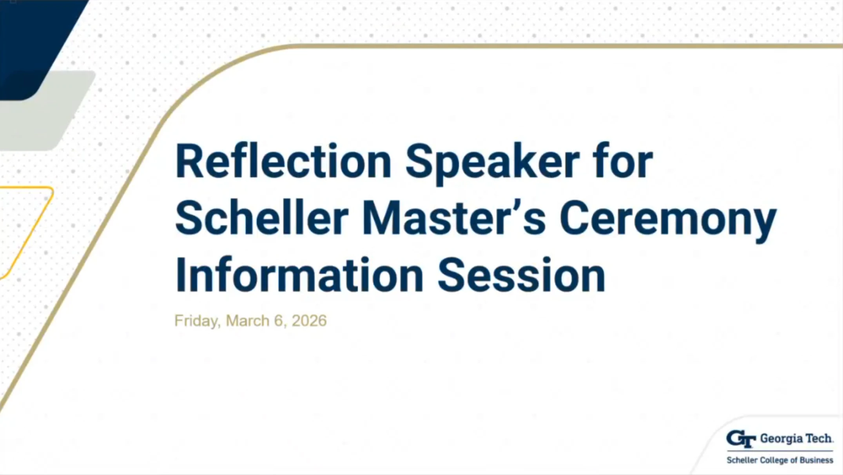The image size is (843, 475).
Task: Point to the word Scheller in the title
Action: pos(261,218)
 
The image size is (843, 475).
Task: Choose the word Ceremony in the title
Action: pos(668,218)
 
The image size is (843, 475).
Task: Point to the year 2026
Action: pos(309,321)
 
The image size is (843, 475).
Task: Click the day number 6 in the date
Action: pos(278,321)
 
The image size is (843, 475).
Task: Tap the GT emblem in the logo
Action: pos(741,439)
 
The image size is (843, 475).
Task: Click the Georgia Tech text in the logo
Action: pos(796,439)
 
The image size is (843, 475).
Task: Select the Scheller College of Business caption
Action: pos(780,460)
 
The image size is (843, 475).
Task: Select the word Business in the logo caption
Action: pos(816,460)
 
